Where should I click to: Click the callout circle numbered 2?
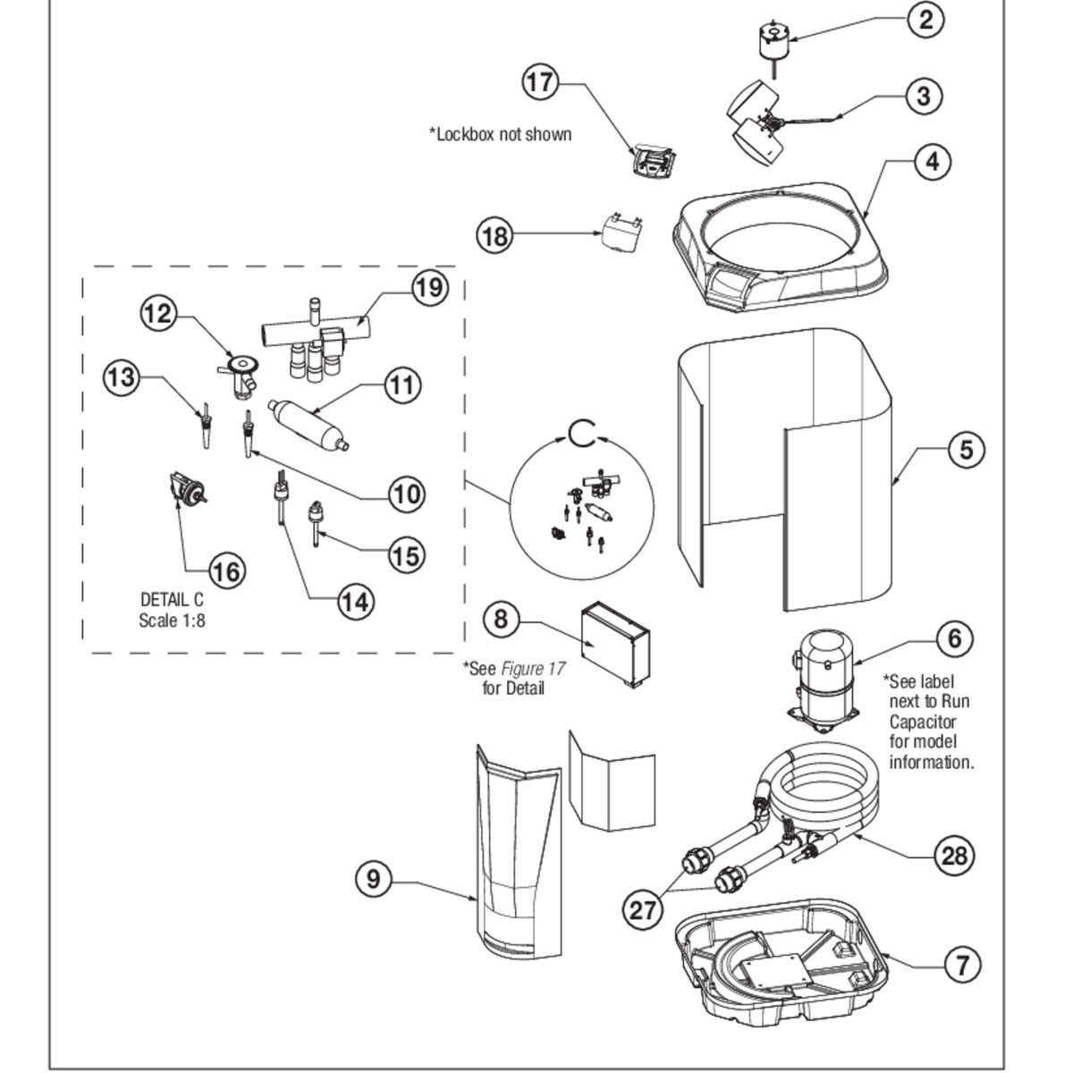point(925,18)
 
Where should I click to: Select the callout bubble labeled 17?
point(540,83)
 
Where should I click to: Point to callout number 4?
point(933,162)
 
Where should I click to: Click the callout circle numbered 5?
point(966,450)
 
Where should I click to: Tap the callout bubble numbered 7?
point(962,964)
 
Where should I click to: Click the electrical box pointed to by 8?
point(615,644)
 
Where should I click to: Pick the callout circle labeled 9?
point(374,879)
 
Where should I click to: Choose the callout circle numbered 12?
point(158,313)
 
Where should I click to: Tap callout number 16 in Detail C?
point(227,570)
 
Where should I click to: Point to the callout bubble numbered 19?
point(429,287)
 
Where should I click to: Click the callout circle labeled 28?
point(955,856)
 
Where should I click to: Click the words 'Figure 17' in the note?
point(532,668)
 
